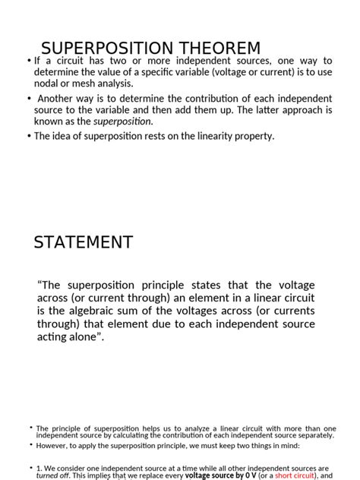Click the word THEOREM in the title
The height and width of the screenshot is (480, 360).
(x=217, y=48)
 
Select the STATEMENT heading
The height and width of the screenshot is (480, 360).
(x=84, y=242)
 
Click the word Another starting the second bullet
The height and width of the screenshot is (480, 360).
(x=58, y=99)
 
